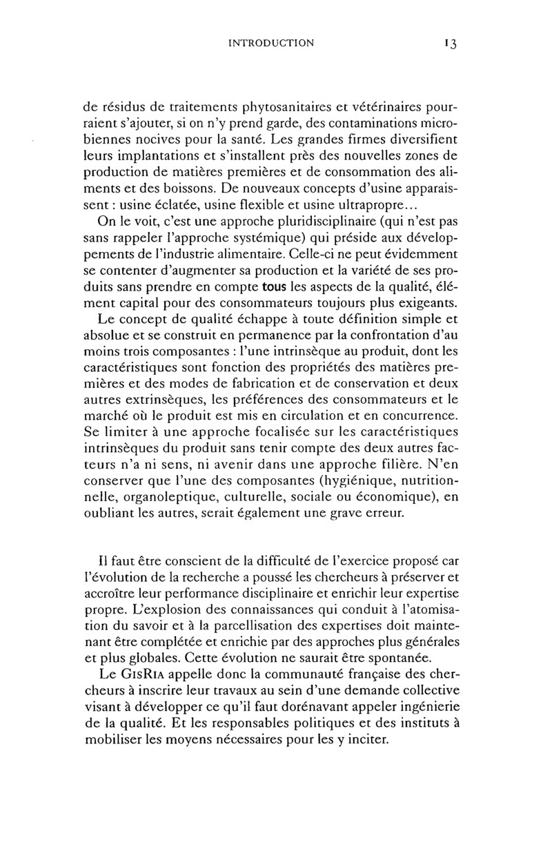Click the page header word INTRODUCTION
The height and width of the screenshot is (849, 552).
(270, 43)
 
